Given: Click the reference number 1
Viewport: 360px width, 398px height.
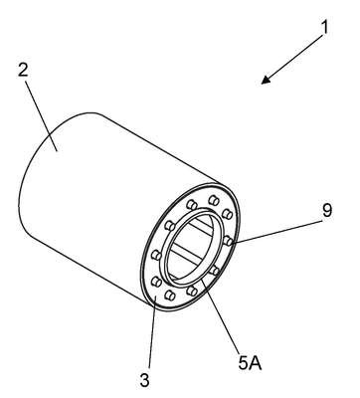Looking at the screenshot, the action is click(325, 27).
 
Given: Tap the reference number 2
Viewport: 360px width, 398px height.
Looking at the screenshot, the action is click(23, 69).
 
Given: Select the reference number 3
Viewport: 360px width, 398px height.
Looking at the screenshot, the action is click(145, 380).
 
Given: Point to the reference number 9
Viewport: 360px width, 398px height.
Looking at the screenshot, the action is click(327, 210).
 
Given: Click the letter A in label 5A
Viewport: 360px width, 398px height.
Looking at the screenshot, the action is click(256, 362).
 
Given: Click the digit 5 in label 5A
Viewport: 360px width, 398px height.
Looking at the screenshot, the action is click(244, 362).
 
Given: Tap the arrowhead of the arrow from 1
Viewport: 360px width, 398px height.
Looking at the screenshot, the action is click(266, 80).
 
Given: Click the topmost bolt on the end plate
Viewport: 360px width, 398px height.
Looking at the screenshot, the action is click(214, 200).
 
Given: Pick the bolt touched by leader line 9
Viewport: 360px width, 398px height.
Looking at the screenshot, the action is click(228, 241).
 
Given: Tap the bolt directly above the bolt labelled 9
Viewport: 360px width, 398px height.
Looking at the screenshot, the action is click(227, 213).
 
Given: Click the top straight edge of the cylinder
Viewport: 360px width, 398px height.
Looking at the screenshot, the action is click(158, 148).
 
